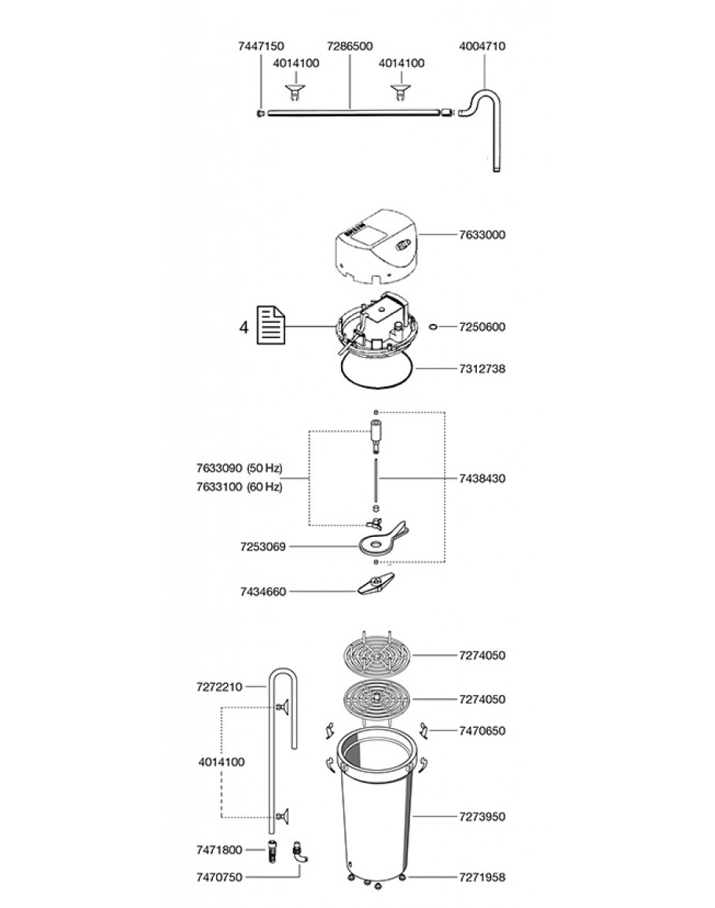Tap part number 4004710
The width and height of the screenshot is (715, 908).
(x=482, y=46)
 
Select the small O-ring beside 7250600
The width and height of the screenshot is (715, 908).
(x=434, y=326)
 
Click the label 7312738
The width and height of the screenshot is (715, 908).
(x=482, y=368)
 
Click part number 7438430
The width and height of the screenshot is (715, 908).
(x=482, y=477)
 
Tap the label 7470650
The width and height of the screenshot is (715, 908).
(x=482, y=730)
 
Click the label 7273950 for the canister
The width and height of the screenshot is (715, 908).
(x=482, y=817)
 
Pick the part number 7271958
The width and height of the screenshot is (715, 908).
(x=482, y=875)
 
